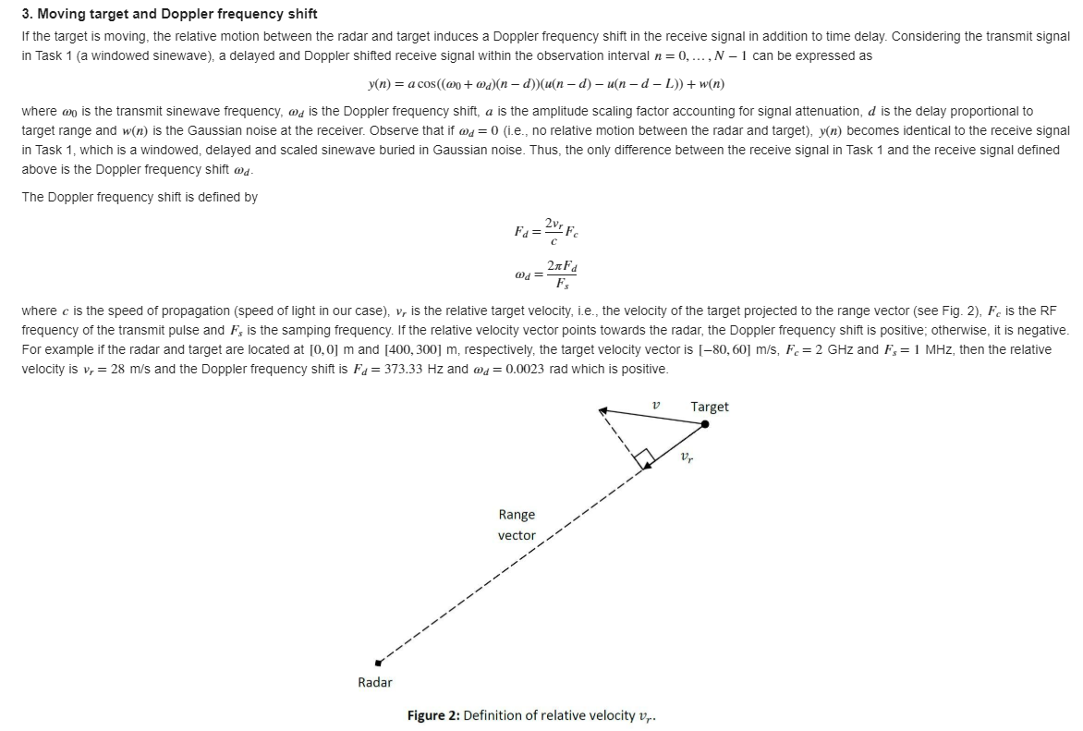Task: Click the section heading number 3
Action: click(x=27, y=14)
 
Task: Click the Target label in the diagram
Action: click(x=709, y=407)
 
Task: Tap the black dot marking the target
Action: click(x=704, y=424)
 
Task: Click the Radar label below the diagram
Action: click(x=374, y=682)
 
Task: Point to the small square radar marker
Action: click(x=377, y=663)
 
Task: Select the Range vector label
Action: click(x=517, y=525)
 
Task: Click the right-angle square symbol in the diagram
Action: click(x=644, y=457)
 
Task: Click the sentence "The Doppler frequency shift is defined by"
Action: click(x=140, y=197)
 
